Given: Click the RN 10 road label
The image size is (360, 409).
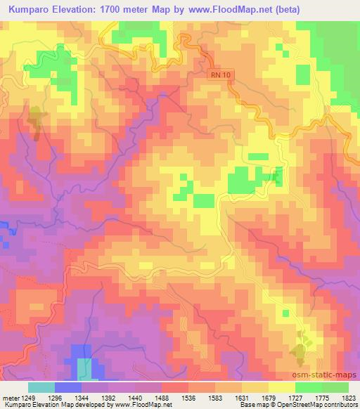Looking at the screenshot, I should click(x=221, y=74).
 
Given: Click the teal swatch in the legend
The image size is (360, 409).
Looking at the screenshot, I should click(x=41, y=387).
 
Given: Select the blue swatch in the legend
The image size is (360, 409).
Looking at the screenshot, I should click(x=67, y=387).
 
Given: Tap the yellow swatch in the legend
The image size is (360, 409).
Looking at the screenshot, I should click(x=281, y=387).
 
